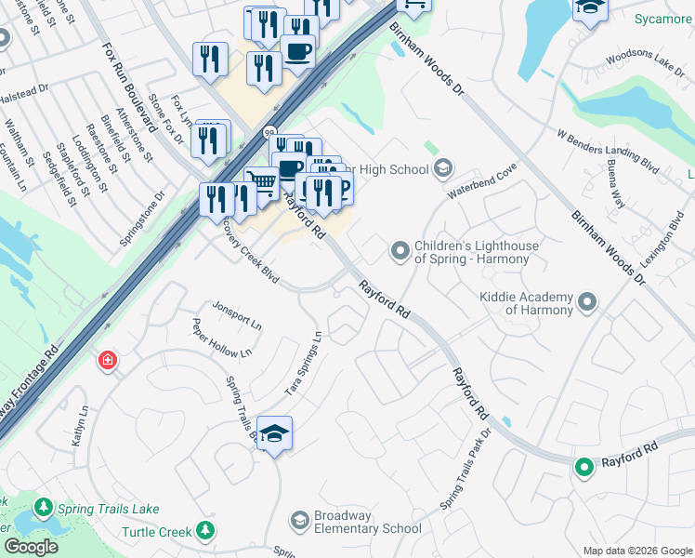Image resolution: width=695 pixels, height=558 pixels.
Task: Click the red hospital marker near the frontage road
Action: click(x=109, y=360)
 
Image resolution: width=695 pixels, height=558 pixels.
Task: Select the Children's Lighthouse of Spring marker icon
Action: click(x=400, y=251)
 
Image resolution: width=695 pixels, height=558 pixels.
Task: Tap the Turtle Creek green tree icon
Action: click(x=205, y=531)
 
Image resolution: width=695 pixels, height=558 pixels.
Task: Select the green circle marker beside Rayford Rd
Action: click(x=584, y=467)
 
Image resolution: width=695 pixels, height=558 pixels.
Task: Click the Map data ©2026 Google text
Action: click(x=636, y=551)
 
